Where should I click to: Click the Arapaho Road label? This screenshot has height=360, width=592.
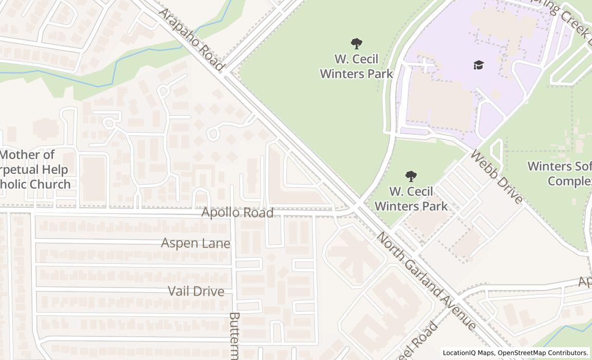(191, 40)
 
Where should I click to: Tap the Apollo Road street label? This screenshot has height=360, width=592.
(237, 212)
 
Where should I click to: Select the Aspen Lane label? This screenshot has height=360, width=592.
(195, 243)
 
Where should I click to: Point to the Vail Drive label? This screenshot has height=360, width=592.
(196, 291)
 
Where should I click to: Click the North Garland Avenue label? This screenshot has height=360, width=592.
(427, 280)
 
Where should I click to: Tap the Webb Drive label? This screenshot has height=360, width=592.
(496, 177)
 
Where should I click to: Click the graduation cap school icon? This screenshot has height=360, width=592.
(478, 65)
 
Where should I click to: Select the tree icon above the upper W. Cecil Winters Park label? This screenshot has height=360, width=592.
(356, 44)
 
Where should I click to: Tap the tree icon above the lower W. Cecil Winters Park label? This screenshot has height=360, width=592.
(411, 177)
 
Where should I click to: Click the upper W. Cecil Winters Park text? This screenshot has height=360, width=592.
(356, 66)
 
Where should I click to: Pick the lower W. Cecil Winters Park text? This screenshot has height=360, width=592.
(411, 199)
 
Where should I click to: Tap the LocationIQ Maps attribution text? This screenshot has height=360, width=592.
(468, 353)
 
